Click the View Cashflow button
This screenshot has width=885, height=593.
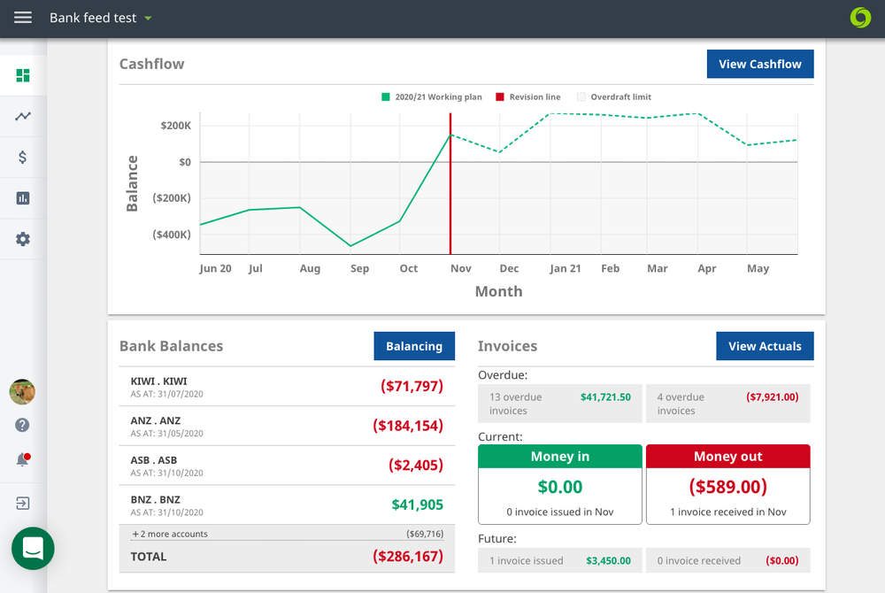[759, 64]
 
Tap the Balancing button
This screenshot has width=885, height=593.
[413, 346]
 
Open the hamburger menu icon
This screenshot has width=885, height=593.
[23, 18]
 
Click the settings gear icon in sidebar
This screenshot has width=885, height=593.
[23, 239]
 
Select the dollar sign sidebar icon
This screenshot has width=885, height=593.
[23, 158]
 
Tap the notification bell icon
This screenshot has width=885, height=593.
[23, 459]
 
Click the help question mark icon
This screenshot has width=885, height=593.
[23, 425]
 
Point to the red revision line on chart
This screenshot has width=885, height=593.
[450, 195]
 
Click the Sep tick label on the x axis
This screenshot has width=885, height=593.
[359, 268]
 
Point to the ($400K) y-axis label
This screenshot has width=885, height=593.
[172, 235]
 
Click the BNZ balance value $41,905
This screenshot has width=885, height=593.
[417, 504]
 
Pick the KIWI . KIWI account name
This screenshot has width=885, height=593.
[159, 381]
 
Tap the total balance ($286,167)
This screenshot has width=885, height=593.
[407, 557]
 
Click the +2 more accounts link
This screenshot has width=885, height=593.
[170, 534]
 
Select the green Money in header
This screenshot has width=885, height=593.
[559, 457]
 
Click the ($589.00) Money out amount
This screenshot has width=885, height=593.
[727, 487]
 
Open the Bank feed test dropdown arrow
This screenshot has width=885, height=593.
[148, 18]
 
